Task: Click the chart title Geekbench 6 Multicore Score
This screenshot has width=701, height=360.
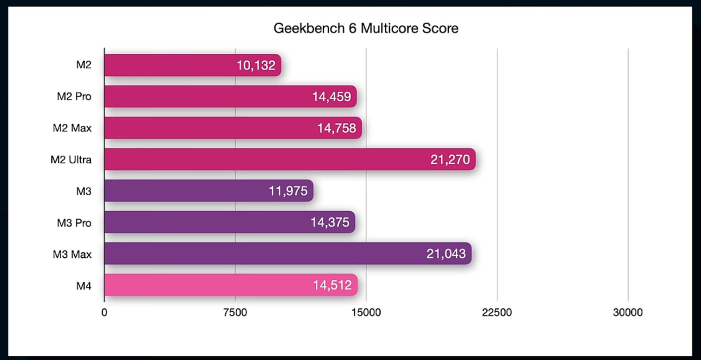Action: click(x=366, y=28)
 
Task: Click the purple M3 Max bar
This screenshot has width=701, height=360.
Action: click(x=263, y=253)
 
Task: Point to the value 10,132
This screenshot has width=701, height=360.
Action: click(x=256, y=66)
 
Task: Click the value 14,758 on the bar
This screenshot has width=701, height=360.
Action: click(x=336, y=128)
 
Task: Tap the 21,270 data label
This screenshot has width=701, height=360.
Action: click(x=450, y=160)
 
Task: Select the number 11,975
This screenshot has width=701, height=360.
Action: click(x=288, y=191)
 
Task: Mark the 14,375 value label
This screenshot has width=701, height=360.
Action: click(x=330, y=222)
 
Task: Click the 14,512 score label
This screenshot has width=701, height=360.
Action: click(x=332, y=285)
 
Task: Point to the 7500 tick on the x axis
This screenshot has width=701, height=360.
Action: click(x=235, y=312)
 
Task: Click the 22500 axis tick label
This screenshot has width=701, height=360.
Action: click(x=497, y=312)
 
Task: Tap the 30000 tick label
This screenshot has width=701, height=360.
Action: click(x=627, y=312)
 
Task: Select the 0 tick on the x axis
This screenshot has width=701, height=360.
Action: click(x=104, y=312)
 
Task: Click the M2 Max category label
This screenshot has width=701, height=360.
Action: click(x=72, y=128)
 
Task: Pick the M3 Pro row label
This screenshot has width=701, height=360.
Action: click(x=74, y=223)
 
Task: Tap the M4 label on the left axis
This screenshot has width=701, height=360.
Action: click(x=84, y=286)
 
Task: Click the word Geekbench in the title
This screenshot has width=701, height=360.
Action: click(x=309, y=28)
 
